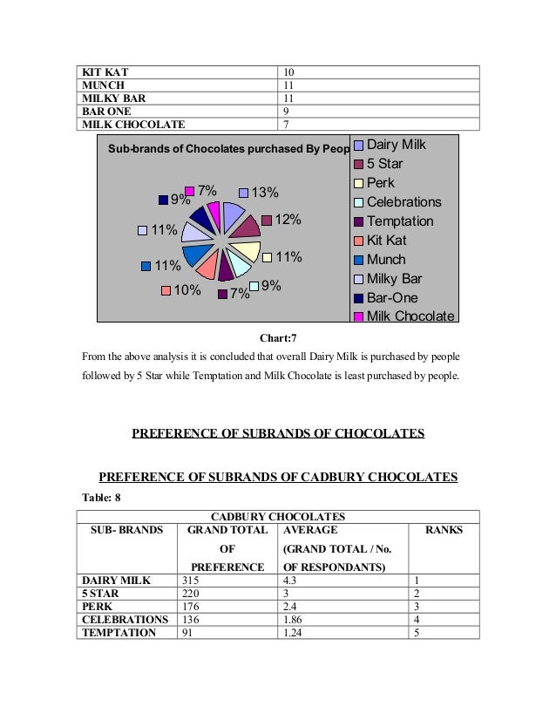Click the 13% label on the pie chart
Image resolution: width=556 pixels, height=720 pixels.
tap(265, 193)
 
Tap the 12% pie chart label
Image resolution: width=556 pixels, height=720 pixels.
tap(288, 221)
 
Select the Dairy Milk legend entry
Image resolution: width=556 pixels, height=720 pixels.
tap(397, 144)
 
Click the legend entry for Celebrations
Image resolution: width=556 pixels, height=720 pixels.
tap(403, 202)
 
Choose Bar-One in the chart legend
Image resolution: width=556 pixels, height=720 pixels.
tap(392, 297)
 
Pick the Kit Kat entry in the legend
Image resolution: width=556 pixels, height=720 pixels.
tap(386, 240)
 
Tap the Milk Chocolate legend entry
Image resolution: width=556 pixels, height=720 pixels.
tap(410, 316)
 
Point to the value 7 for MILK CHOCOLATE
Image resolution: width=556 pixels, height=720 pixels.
tap(286, 125)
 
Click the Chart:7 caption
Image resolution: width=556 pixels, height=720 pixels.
tap(278, 337)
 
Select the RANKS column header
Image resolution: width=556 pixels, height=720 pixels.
tap(444, 529)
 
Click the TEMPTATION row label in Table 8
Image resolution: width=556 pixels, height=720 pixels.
tap(119, 633)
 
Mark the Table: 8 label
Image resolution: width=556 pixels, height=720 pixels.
tap(99, 497)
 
